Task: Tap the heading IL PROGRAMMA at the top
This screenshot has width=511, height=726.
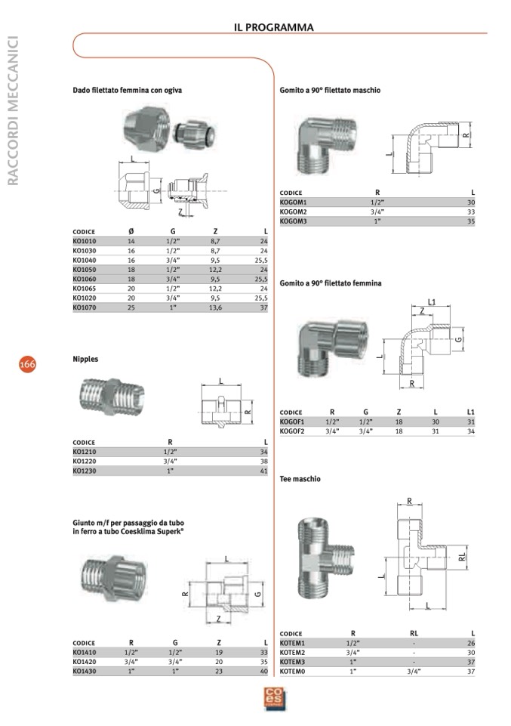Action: [x=273, y=28]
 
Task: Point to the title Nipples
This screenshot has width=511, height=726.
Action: [x=85, y=360]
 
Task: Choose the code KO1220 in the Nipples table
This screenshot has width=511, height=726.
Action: [x=84, y=461]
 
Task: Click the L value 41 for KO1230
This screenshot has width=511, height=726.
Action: [x=263, y=471]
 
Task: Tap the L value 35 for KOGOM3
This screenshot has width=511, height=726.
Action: [x=470, y=221]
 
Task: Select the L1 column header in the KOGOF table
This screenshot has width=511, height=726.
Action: [x=470, y=412]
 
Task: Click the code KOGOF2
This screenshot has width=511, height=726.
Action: [x=291, y=431]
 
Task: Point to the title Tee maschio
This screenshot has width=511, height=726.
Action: [x=300, y=479]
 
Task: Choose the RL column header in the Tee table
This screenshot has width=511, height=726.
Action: [x=413, y=633]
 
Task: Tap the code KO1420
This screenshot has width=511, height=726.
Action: [x=84, y=661]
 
